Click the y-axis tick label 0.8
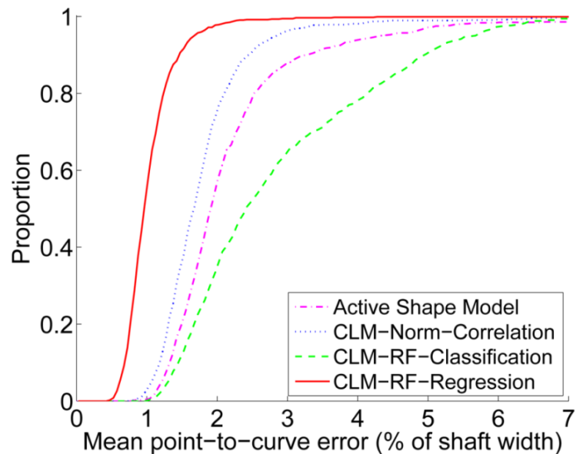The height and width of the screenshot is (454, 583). pyautogui.click(x=49, y=94)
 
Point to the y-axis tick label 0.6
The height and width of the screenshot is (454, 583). pyautogui.click(x=49, y=171)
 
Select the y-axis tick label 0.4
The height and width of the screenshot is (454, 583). pyautogui.click(x=49, y=247)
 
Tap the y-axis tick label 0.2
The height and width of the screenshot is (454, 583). pyautogui.click(x=49, y=324)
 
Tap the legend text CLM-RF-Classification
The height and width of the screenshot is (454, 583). pyautogui.click(x=444, y=356)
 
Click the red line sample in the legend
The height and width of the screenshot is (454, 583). pyautogui.click(x=311, y=382)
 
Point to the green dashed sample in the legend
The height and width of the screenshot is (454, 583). pyautogui.click(x=311, y=356)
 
